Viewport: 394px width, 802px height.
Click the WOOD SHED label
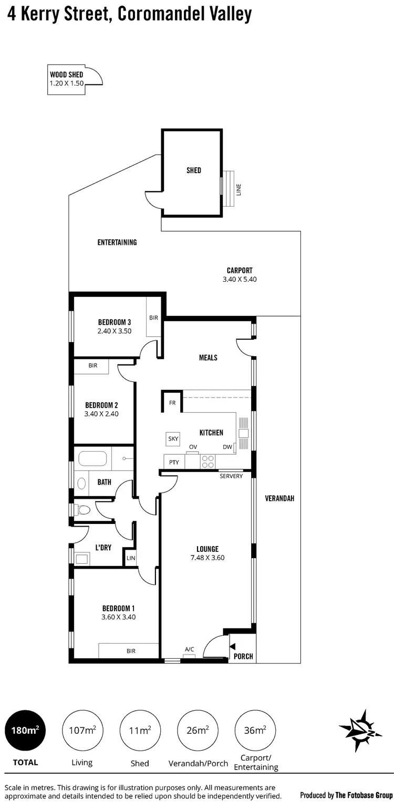66,75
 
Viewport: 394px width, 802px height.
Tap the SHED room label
194,170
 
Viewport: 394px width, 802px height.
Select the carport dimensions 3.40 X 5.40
240,280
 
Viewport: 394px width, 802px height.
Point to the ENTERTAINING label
117,242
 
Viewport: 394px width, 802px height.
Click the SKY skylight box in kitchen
172,439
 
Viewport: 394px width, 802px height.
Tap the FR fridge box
172,403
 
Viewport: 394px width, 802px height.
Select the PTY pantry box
174,462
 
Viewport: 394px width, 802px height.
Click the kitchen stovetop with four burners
208,461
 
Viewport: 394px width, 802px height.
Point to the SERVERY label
231,476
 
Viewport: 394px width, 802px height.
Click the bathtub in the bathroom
92,459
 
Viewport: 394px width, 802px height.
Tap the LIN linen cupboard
131,558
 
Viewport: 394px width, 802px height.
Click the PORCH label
243,656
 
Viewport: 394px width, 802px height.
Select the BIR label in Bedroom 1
131,651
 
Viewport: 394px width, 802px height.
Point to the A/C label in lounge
189,649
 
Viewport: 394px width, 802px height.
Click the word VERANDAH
279,498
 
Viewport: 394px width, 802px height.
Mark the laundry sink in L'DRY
82,559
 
